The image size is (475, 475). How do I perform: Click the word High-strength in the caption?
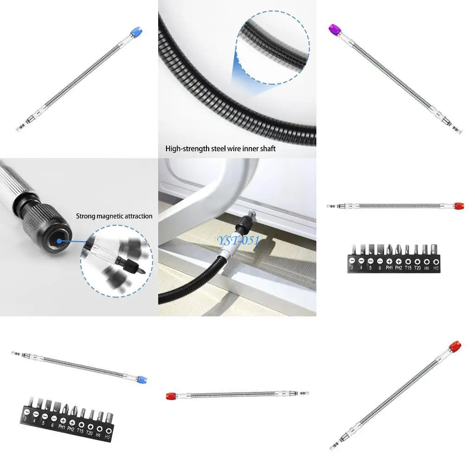tap(183, 149)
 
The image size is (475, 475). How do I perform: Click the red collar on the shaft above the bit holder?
tap(459, 205)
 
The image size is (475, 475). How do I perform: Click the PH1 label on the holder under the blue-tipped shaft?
tap(62, 427)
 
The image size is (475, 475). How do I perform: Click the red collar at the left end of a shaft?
tap(170, 396)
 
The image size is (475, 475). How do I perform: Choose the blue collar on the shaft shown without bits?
tap(136, 32)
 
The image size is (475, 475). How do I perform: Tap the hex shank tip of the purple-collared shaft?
tap(459, 131)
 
